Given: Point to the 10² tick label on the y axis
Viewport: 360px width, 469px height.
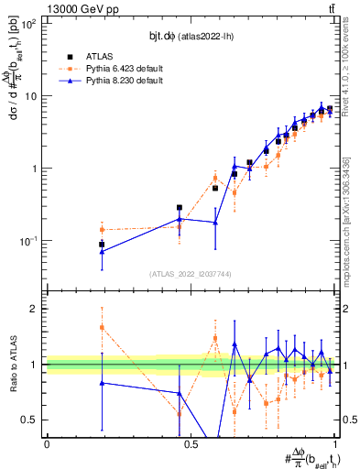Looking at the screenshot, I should point(30,25).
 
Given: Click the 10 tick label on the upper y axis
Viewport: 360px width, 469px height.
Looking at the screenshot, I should point(32,96).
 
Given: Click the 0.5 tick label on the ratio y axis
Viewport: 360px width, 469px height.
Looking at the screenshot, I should point(32,420).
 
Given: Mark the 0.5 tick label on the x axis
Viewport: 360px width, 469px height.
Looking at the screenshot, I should point(191,444).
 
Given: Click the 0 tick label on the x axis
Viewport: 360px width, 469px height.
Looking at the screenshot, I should point(47,444).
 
